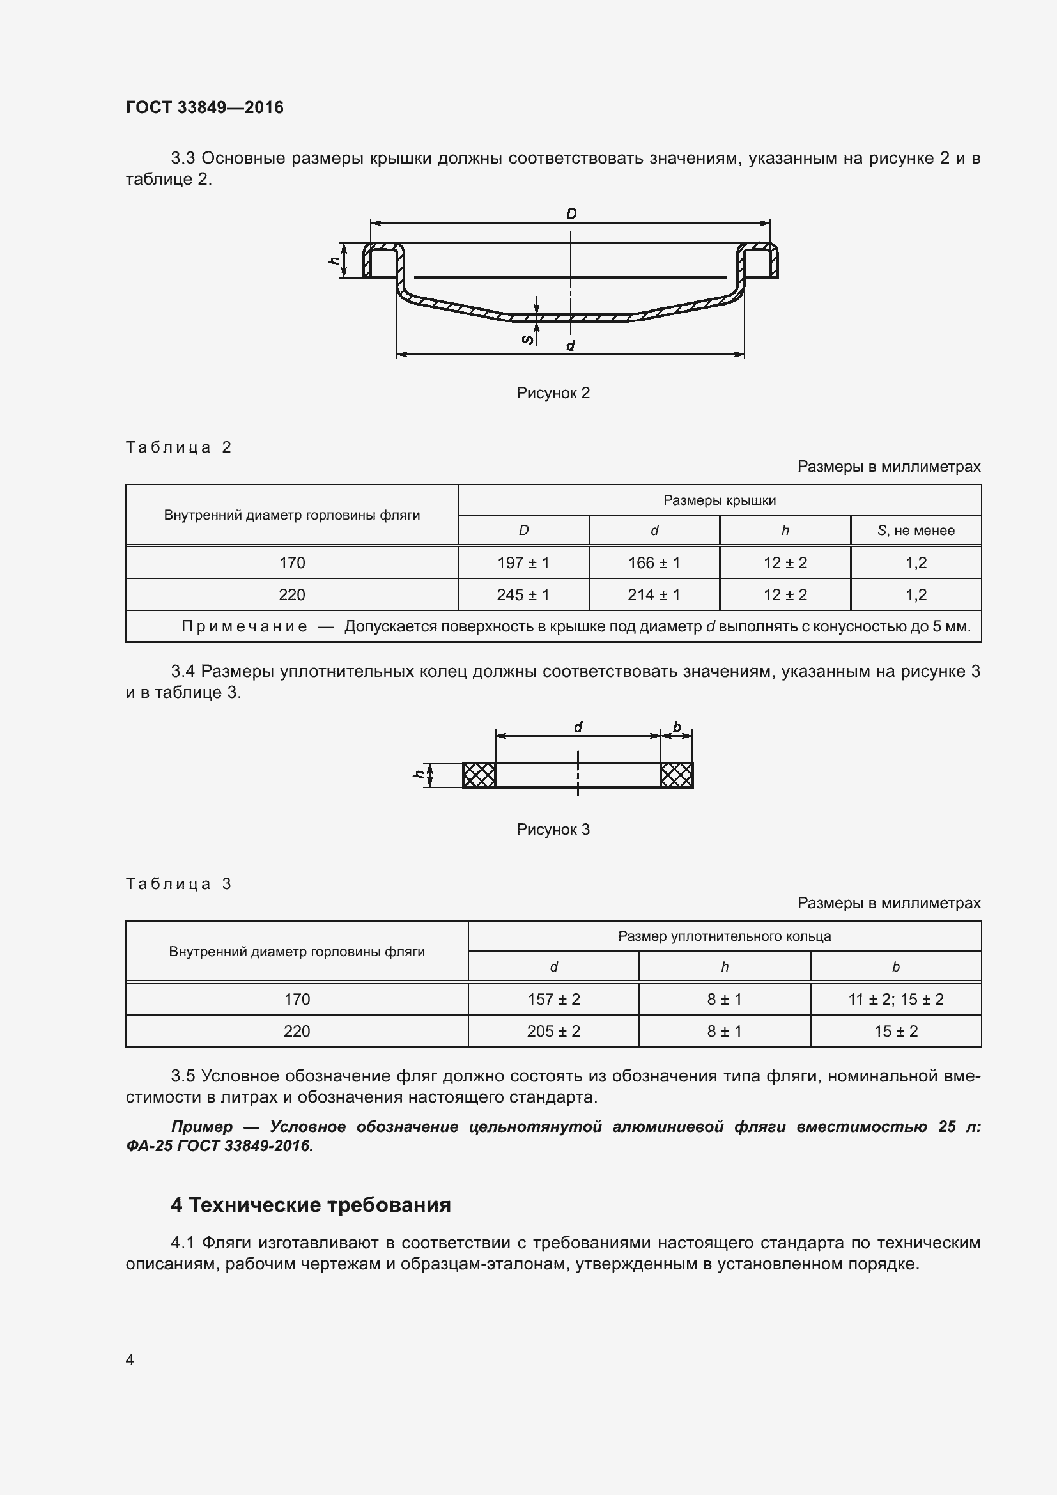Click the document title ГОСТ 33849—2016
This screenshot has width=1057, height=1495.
pyautogui.click(x=204, y=107)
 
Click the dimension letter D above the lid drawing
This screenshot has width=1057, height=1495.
pyautogui.click(x=571, y=214)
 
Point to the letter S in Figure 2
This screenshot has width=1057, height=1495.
pyautogui.click(x=528, y=339)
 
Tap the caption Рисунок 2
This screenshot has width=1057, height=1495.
pyautogui.click(x=553, y=392)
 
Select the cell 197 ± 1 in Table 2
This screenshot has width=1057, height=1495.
pyautogui.click(x=523, y=562)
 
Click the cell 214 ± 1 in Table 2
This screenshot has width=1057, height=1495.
pyautogui.click(x=654, y=594)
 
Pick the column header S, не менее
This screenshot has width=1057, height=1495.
pyautogui.click(x=915, y=530)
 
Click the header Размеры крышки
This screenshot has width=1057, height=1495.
pyautogui.click(x=719, y=500)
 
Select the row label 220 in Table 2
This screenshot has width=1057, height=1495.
pyautogui.click(x=291, y=594)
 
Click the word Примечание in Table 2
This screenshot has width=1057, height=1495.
pyautogui.click(x=244, y=626)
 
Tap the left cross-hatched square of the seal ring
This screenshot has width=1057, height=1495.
pyautogui.click(x=479, y=775)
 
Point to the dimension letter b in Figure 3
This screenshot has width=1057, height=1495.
pyautogui.click(x=677, y=726)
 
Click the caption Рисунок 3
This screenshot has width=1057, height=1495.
pyautogui.click(x=553, y=829)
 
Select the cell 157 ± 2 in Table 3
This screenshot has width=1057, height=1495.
pyautogui.click(x=553, y=999)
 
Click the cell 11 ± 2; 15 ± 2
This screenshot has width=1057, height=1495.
pyautogui.click(x=895, y=999)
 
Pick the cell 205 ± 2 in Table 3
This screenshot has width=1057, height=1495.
pyautogui.click(x=553, y=1031)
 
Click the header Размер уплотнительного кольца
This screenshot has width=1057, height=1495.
pyautogui.click(x=724, y=936)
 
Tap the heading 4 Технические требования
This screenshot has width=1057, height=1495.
pyautogui.click(x=311, y=1205)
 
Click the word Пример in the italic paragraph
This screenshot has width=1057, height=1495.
pyautogui.click(x=202, y=1126)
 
